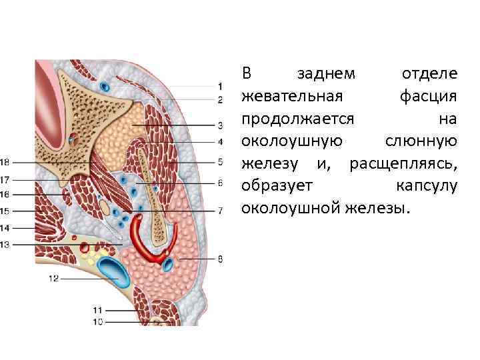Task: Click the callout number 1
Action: (x=220, y=87)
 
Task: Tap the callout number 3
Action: (x=220, y=125)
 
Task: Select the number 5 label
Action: (x=220, y=161)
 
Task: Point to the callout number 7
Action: (x=220, y=211)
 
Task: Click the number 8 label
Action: (x=220, y=259)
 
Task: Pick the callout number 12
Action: (x=53, y=279)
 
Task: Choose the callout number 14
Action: (x=5, y=227)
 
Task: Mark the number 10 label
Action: (x=98, y=322)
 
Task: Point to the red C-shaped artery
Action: (x=147, y=240)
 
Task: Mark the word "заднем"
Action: (x=326, y=73)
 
